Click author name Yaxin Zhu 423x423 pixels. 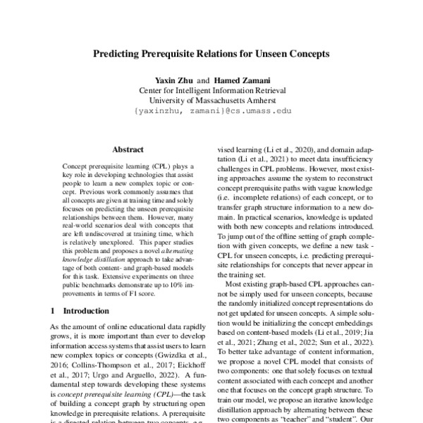[x=170, y=80]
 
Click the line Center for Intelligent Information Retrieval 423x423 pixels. [x=211, y=91]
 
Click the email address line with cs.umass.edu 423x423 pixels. [x=211, y=111]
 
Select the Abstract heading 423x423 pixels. [x=128, y=149]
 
